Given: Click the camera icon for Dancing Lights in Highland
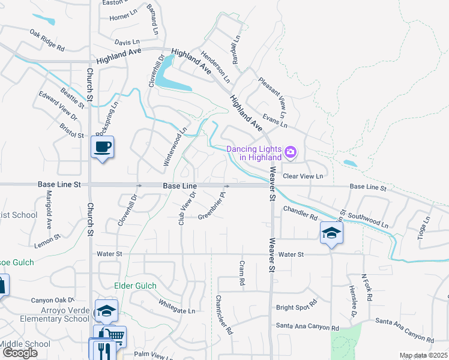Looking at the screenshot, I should [291, 152].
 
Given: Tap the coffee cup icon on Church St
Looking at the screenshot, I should [102, 146].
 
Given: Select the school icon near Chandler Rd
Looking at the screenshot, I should [331, 232].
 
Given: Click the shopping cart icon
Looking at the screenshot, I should [117, 336].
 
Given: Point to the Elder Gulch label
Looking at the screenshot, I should [135, 286].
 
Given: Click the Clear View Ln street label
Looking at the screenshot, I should [303, 176].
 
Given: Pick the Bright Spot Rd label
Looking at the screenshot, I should [296, 307].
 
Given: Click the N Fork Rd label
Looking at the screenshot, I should [368, 289].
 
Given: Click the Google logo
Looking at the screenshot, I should [20, 353].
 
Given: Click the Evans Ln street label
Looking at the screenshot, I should [276, 122].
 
